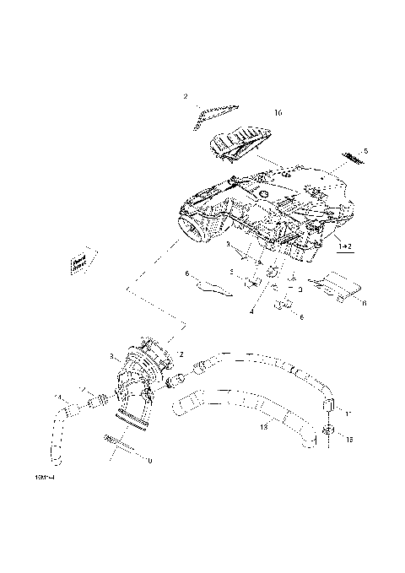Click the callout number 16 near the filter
point(278,111)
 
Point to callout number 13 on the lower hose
point(263,428)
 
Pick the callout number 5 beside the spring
point(365,152)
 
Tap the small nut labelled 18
point(330,433)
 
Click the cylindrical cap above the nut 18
point(330,407)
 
